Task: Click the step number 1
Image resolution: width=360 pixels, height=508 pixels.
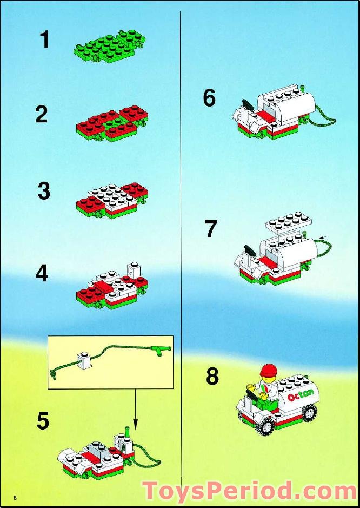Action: (x=44, y=39)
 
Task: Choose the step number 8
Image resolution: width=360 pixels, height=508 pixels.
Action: (x=212, y=377)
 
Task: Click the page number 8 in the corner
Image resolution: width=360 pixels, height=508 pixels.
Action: (x=15, y=497)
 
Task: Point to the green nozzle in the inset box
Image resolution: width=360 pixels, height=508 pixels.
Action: (x=160, y=350)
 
